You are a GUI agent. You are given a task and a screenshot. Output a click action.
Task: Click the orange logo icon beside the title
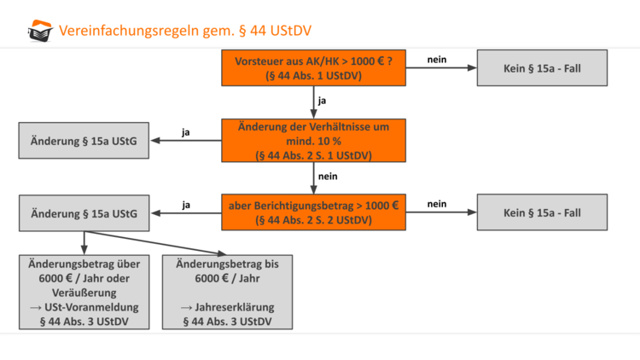pyautogui.click(x=39, y=31)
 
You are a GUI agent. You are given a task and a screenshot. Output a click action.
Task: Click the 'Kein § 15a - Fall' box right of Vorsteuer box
pyautogui.click(x=544, y=68)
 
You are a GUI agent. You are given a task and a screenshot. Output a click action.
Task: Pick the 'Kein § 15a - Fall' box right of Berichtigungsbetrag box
pyautogui.click(x=544, y=212)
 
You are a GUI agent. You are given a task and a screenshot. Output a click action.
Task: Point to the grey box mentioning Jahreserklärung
pyautogui.click(x=227, y=292)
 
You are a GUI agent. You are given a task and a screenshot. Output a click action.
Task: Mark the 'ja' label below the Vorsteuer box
pyautogui.click(x=322, y=101)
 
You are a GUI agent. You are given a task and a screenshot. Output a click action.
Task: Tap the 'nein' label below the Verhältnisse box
pyautogui.click(x=328, y=176)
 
